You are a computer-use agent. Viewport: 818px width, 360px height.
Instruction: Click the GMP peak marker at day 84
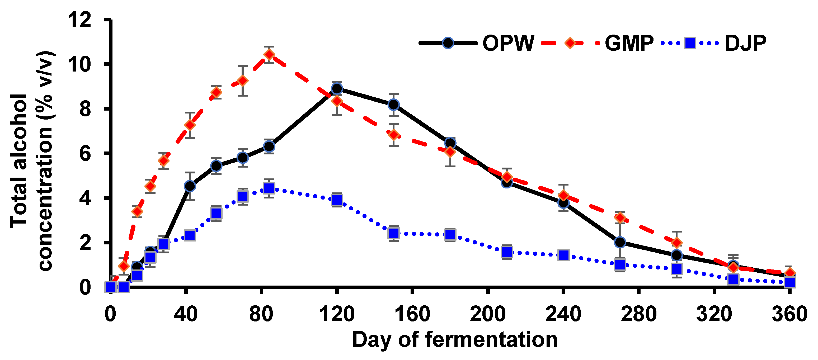click(x=269, y=55)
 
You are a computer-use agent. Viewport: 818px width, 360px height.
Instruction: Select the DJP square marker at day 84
click(x=269, y=188)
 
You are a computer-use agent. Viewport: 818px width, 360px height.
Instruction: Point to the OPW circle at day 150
click(x=393, y=105)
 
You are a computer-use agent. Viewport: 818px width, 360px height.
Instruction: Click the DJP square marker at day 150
click(x=393, y=233)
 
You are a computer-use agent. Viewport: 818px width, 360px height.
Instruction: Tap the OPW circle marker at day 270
click(x=620, y=242)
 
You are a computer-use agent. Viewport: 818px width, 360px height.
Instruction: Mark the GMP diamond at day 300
click(x=677, y=243)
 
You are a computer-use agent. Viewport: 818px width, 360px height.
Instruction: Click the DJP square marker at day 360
click(x=790, y=282)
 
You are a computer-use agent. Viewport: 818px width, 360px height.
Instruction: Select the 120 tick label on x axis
click(x=337, y=314)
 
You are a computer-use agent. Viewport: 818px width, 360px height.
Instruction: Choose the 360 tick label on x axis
click(x=789, y=314)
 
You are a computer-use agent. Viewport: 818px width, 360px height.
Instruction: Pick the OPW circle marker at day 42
click(x=190, y=186)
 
